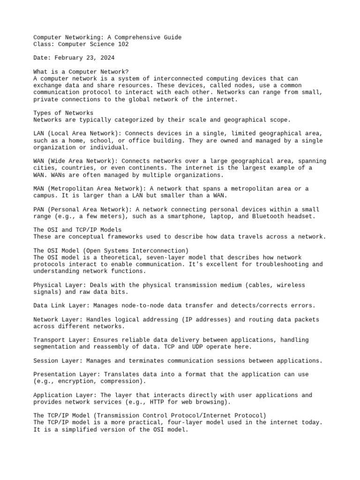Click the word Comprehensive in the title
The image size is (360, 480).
click(x=134, y=37)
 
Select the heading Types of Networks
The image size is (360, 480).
click(x=63, y=113)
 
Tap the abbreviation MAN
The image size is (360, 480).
click(x=39, y=188)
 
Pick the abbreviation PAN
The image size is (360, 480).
click(x=39, y=209)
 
